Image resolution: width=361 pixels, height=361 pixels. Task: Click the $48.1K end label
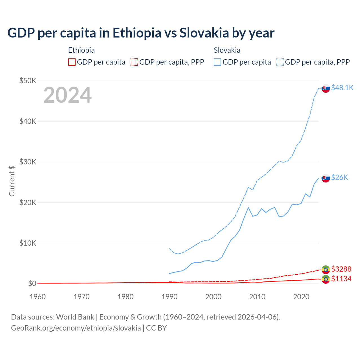342,88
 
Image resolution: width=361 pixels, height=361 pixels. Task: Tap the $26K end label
340,177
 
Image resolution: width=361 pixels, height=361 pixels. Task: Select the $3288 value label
341,269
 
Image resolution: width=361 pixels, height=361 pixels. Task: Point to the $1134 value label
341,279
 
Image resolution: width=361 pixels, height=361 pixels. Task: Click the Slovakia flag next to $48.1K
326,88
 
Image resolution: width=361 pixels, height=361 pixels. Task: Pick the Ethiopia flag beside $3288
326,270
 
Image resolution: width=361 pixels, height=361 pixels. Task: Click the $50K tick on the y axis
28,81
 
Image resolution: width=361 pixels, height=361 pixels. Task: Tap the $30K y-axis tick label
28,162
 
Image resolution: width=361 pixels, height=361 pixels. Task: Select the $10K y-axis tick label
28,243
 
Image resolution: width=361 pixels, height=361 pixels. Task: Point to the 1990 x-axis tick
170,297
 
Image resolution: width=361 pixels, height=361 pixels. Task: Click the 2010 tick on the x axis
257,297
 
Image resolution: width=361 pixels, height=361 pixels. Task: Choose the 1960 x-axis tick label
38,297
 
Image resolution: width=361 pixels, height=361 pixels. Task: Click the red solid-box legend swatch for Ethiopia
72,62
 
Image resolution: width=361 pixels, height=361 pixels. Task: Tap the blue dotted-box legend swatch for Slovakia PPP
280,62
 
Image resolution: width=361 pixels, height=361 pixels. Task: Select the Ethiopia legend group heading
82,50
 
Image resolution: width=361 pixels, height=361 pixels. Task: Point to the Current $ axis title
12,181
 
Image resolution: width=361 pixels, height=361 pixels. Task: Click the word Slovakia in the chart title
204,33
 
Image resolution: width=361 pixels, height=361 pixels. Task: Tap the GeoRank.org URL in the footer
76,328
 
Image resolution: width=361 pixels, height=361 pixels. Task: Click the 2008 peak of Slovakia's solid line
248,208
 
